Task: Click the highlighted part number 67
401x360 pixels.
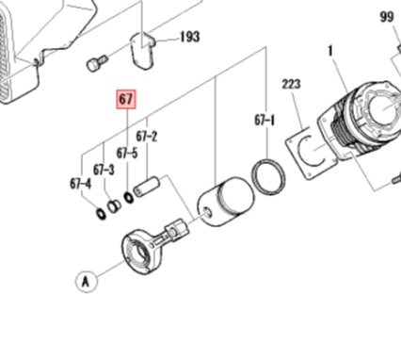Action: (x=126, y=100)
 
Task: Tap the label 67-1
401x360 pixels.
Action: (x=265, y=121)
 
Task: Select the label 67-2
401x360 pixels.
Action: (x=147, y=137)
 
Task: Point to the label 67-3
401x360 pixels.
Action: (x=104, y=170)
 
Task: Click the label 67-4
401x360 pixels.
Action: (x=81, y=184)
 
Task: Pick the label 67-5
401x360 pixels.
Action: (x=127, y=154)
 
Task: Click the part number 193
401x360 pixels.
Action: (x=190, y=37)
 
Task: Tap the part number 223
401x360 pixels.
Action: (x=292, y=84)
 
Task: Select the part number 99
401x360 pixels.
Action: (x=387, y=17)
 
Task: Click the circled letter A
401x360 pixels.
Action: (x=87, y=281)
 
